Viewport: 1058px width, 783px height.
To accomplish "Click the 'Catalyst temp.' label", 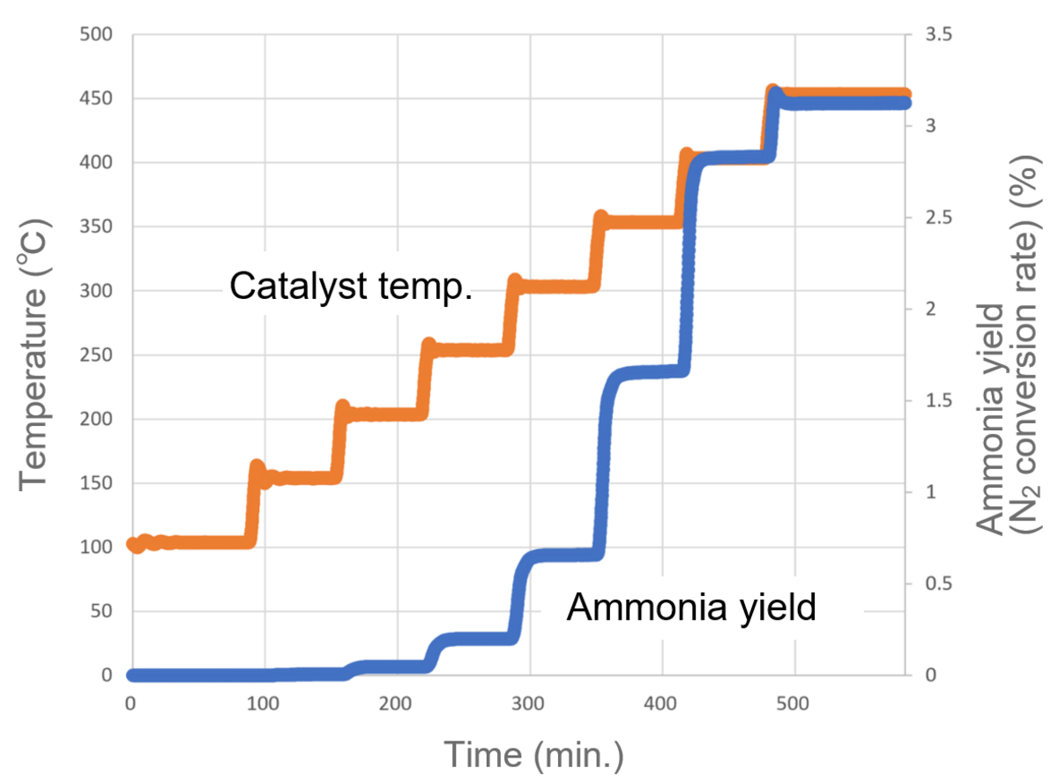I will [x=351, y=287].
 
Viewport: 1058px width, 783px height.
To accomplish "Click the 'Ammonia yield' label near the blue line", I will [x=690, y=608].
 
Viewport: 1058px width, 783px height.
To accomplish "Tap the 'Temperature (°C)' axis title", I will [x=34, y=354].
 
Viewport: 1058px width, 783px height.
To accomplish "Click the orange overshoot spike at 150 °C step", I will [x=257, y=466].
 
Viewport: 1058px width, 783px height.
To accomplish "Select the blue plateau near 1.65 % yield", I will [x=648, y=373].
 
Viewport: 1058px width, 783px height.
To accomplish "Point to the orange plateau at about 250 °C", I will [x=467, y=349].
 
